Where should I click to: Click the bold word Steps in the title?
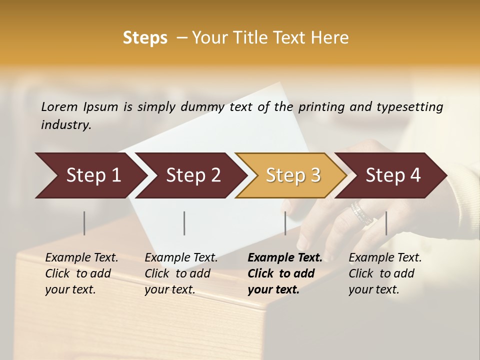[x=145, y=38]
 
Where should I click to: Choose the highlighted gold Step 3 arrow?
[x=290, y=175]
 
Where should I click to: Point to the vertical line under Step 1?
[x=84, y=223]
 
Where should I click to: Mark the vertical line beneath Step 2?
[x=184, y=223]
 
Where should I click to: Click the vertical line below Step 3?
[x=285, y=223]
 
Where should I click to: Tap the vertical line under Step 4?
[x=386, y=223]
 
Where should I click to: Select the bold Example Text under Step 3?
[x=285, y=273]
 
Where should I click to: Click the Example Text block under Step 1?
[x=81, y=273]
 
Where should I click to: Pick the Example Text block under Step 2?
[x=181, y=273]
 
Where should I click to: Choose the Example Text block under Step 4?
[x=385, y=273]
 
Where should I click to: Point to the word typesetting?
[x=409, y=107]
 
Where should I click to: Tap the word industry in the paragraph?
[x=65, y=124]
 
